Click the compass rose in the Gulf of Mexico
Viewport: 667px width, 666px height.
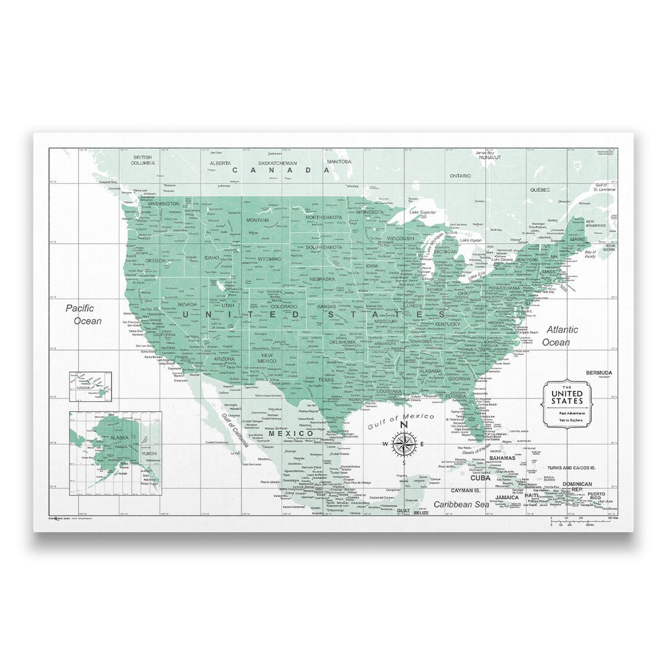click(x=404, y=443)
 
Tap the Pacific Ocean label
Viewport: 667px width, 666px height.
click(x=84, y=314)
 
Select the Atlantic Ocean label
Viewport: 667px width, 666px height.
click(x=560, y=336)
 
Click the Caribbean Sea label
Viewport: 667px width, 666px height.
click(x=461, y=504)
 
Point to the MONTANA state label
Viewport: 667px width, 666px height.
click(x=258, y=220)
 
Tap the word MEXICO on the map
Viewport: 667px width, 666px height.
click(x=283, y=434)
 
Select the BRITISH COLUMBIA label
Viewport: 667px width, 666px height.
click(x=143, y=160)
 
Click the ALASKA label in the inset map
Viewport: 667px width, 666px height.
click(x=119, y=438)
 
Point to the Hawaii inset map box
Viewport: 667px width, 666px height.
click(x=90, y=386)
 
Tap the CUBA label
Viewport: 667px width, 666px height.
click(x=480, y=478)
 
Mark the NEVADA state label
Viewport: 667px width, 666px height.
click(x=187, y=304)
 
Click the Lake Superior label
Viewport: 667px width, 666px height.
click(x=423, y=214)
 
